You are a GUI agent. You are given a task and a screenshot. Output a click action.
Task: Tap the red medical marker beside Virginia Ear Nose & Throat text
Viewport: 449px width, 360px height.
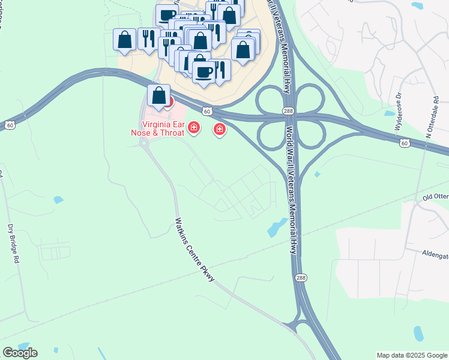click(x=193, y=127)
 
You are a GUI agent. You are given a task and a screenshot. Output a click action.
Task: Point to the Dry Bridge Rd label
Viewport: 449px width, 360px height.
click(x=12, y=245)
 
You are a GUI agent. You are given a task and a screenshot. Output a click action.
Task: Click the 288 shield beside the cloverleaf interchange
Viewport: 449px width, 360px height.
click(x=288, y=111)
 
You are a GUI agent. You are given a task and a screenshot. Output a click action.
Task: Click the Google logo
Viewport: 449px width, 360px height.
click(x=20, y=353)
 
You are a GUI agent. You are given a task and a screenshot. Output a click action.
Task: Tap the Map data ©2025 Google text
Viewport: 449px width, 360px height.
click(x=411, y=355)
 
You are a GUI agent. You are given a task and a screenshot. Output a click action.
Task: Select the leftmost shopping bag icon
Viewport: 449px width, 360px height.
click(x=124, y=40)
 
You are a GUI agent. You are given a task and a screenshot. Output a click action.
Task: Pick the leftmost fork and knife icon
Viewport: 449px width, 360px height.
click(x=148, y=39)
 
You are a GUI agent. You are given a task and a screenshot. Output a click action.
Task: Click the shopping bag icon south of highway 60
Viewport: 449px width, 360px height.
click(x=158, y=96)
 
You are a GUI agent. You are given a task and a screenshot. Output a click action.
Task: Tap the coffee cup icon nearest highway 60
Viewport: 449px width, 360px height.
click(x=203, y=72)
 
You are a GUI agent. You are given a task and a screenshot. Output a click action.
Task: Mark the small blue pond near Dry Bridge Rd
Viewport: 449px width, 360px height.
click(x=58, y=200)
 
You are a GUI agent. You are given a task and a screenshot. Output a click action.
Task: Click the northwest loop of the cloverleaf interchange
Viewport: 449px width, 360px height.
click(x=271, y=98)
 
